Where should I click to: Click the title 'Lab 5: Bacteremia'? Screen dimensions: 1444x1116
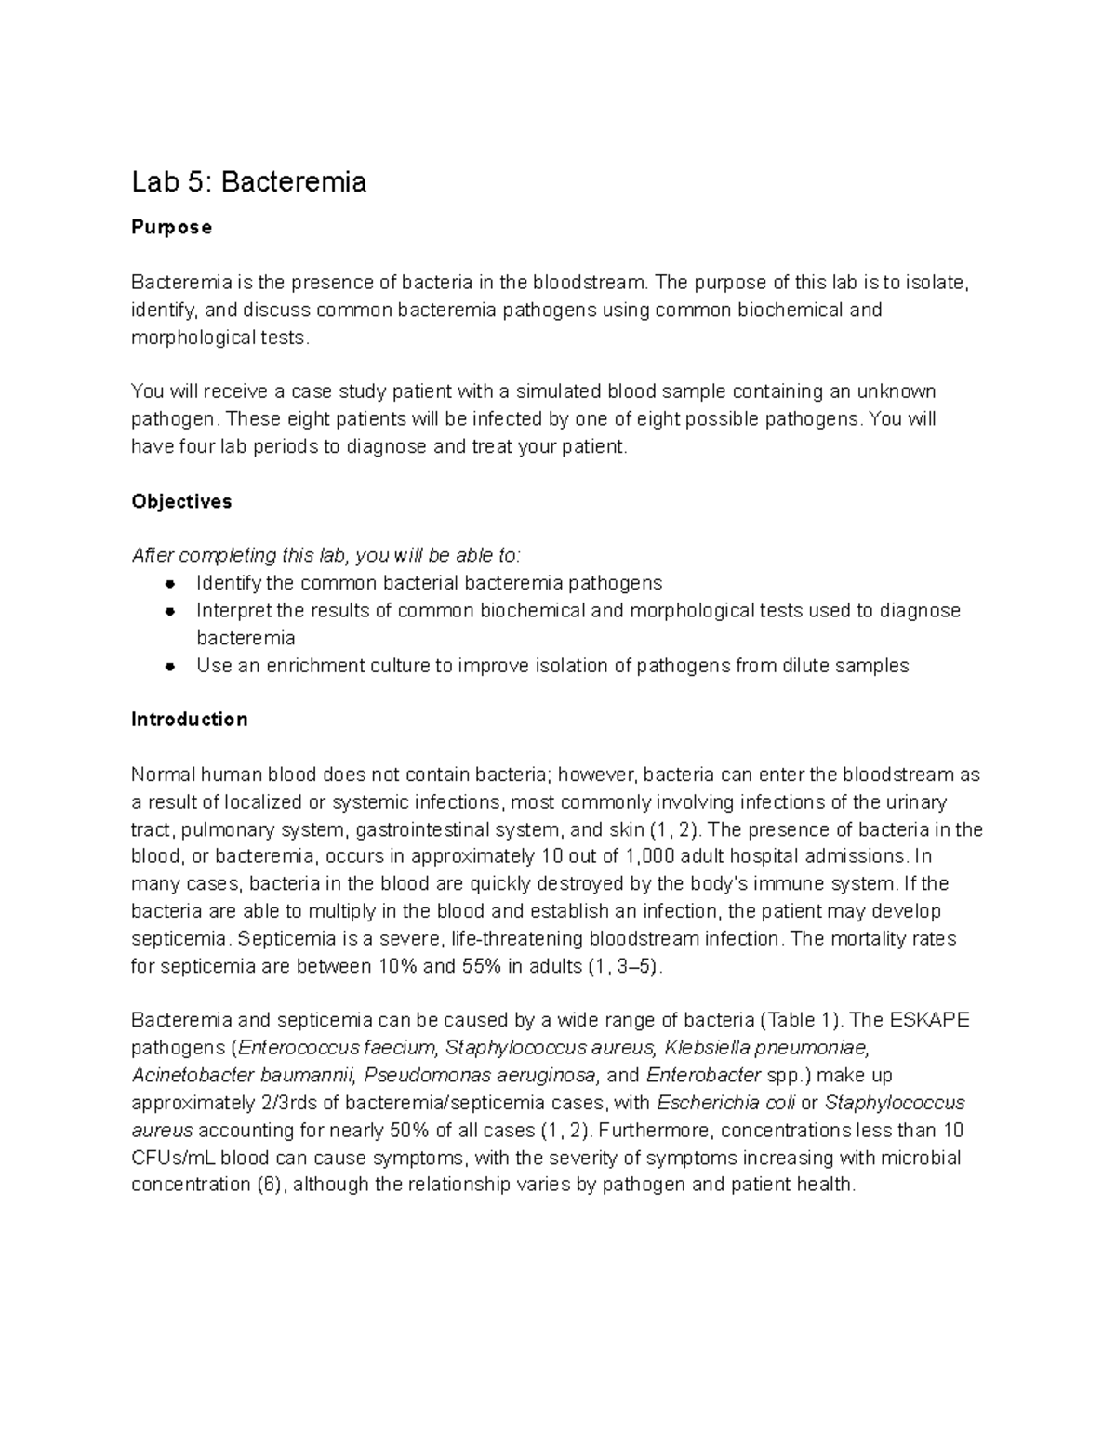248,181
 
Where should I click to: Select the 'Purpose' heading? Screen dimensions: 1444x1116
171,228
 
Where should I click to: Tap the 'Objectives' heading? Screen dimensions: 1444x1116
181,501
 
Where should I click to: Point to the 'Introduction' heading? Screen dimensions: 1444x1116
189,720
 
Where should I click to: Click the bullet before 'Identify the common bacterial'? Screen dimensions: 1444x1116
169,584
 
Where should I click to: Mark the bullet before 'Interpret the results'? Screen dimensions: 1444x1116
169,611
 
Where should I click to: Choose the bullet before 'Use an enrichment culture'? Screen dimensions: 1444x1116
169,666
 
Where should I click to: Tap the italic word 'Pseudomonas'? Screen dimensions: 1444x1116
418,1076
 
